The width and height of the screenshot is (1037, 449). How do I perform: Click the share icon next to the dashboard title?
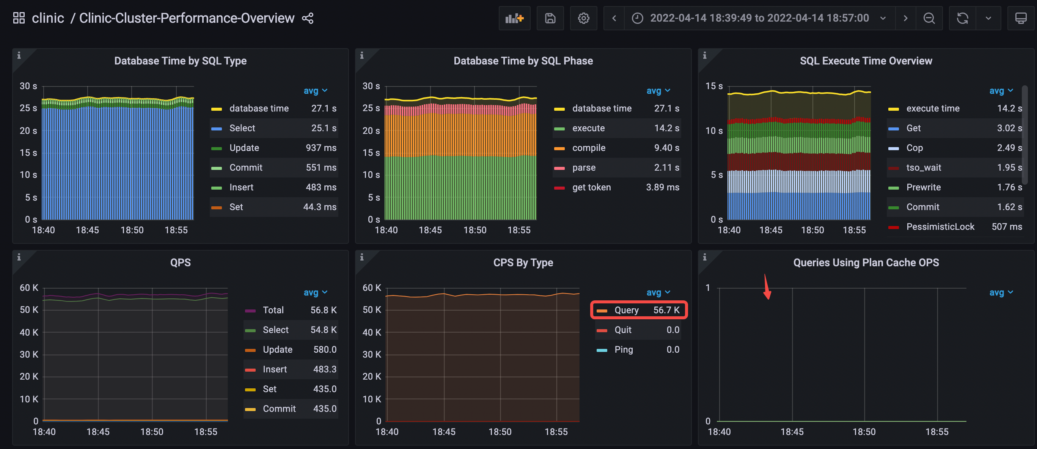pos(308,18)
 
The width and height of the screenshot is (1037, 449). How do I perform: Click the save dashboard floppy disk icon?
pos(550,18)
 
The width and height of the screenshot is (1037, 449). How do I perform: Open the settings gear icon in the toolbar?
pos(583,18)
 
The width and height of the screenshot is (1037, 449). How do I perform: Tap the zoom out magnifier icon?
pos(929,18)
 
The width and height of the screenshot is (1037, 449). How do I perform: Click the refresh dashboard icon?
pos(963,18)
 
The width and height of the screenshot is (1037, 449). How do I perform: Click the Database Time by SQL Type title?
pos(180,61)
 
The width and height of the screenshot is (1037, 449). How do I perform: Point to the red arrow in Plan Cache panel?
pos(767,287)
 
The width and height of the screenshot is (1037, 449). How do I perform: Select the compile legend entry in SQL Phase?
pos(589,148)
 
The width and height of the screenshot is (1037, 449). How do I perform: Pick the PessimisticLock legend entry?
pos(940,227)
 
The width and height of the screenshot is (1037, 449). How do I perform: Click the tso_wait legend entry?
pos(924,168)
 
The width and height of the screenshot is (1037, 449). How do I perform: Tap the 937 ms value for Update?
pos(321,148)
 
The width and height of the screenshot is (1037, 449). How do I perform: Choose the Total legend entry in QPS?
pos(273,310)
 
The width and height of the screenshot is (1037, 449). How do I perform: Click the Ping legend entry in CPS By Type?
pos(624,350)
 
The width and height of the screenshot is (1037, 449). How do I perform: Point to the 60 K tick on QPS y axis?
pos(29,288)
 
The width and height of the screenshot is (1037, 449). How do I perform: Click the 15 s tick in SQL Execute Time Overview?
pos(714,86)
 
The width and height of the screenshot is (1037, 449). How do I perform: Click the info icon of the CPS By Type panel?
pos(361,257)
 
